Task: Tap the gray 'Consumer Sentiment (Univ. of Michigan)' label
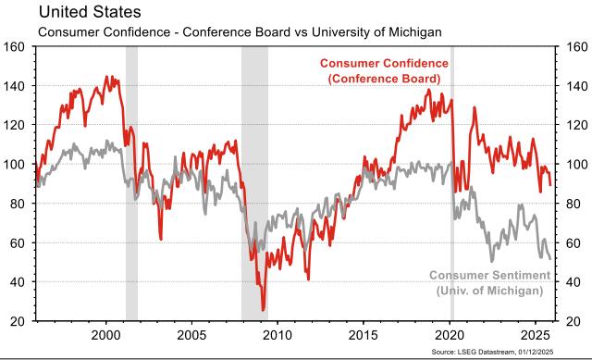coord(489,283)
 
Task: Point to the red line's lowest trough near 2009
coord(263,310)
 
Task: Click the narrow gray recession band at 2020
coord(451,185)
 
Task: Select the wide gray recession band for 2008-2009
coord(254,185)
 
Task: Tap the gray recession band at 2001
coord(131,185)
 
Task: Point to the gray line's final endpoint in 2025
coord(550,258)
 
